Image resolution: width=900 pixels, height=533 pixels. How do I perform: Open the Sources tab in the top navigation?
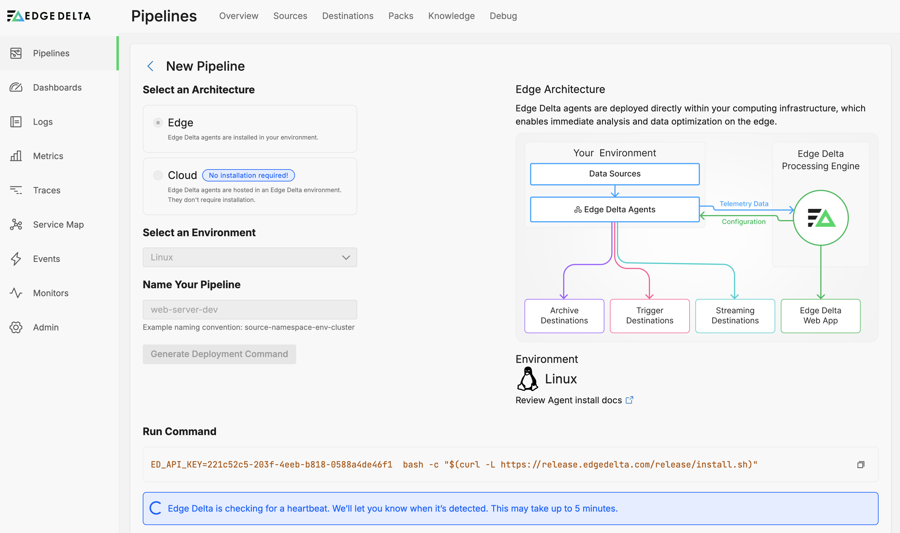(290, 16)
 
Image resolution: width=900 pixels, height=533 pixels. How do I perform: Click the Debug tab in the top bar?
(503, 16)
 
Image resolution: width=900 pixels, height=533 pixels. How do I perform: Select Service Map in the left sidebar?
(58, 225)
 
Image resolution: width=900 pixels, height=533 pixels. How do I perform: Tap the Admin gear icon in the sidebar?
(16, 327)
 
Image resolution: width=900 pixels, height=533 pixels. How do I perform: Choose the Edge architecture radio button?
(158, 123)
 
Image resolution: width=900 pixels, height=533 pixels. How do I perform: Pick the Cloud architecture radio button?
(158, 175)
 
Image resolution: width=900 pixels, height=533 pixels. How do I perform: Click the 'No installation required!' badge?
(248, 175)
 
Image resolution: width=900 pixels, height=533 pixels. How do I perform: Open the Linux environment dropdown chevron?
(346, 258)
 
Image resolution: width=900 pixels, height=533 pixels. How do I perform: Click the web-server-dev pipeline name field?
(250, 310)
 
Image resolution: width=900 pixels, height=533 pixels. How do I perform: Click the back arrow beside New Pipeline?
(151, 66)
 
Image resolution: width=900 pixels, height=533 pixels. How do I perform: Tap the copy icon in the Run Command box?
(860, 465)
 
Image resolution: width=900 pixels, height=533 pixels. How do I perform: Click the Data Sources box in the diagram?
(615, 174)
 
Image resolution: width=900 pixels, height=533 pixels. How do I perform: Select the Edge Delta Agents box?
(615, 209)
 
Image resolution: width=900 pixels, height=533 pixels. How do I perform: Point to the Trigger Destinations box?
(650, 316)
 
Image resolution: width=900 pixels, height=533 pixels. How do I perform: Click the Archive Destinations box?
(564, 316)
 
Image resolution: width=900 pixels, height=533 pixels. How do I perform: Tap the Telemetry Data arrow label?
(743, 204)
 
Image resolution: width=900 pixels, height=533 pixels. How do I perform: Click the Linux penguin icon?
(528, 378)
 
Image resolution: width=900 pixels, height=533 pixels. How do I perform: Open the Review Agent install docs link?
(574, 400)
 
